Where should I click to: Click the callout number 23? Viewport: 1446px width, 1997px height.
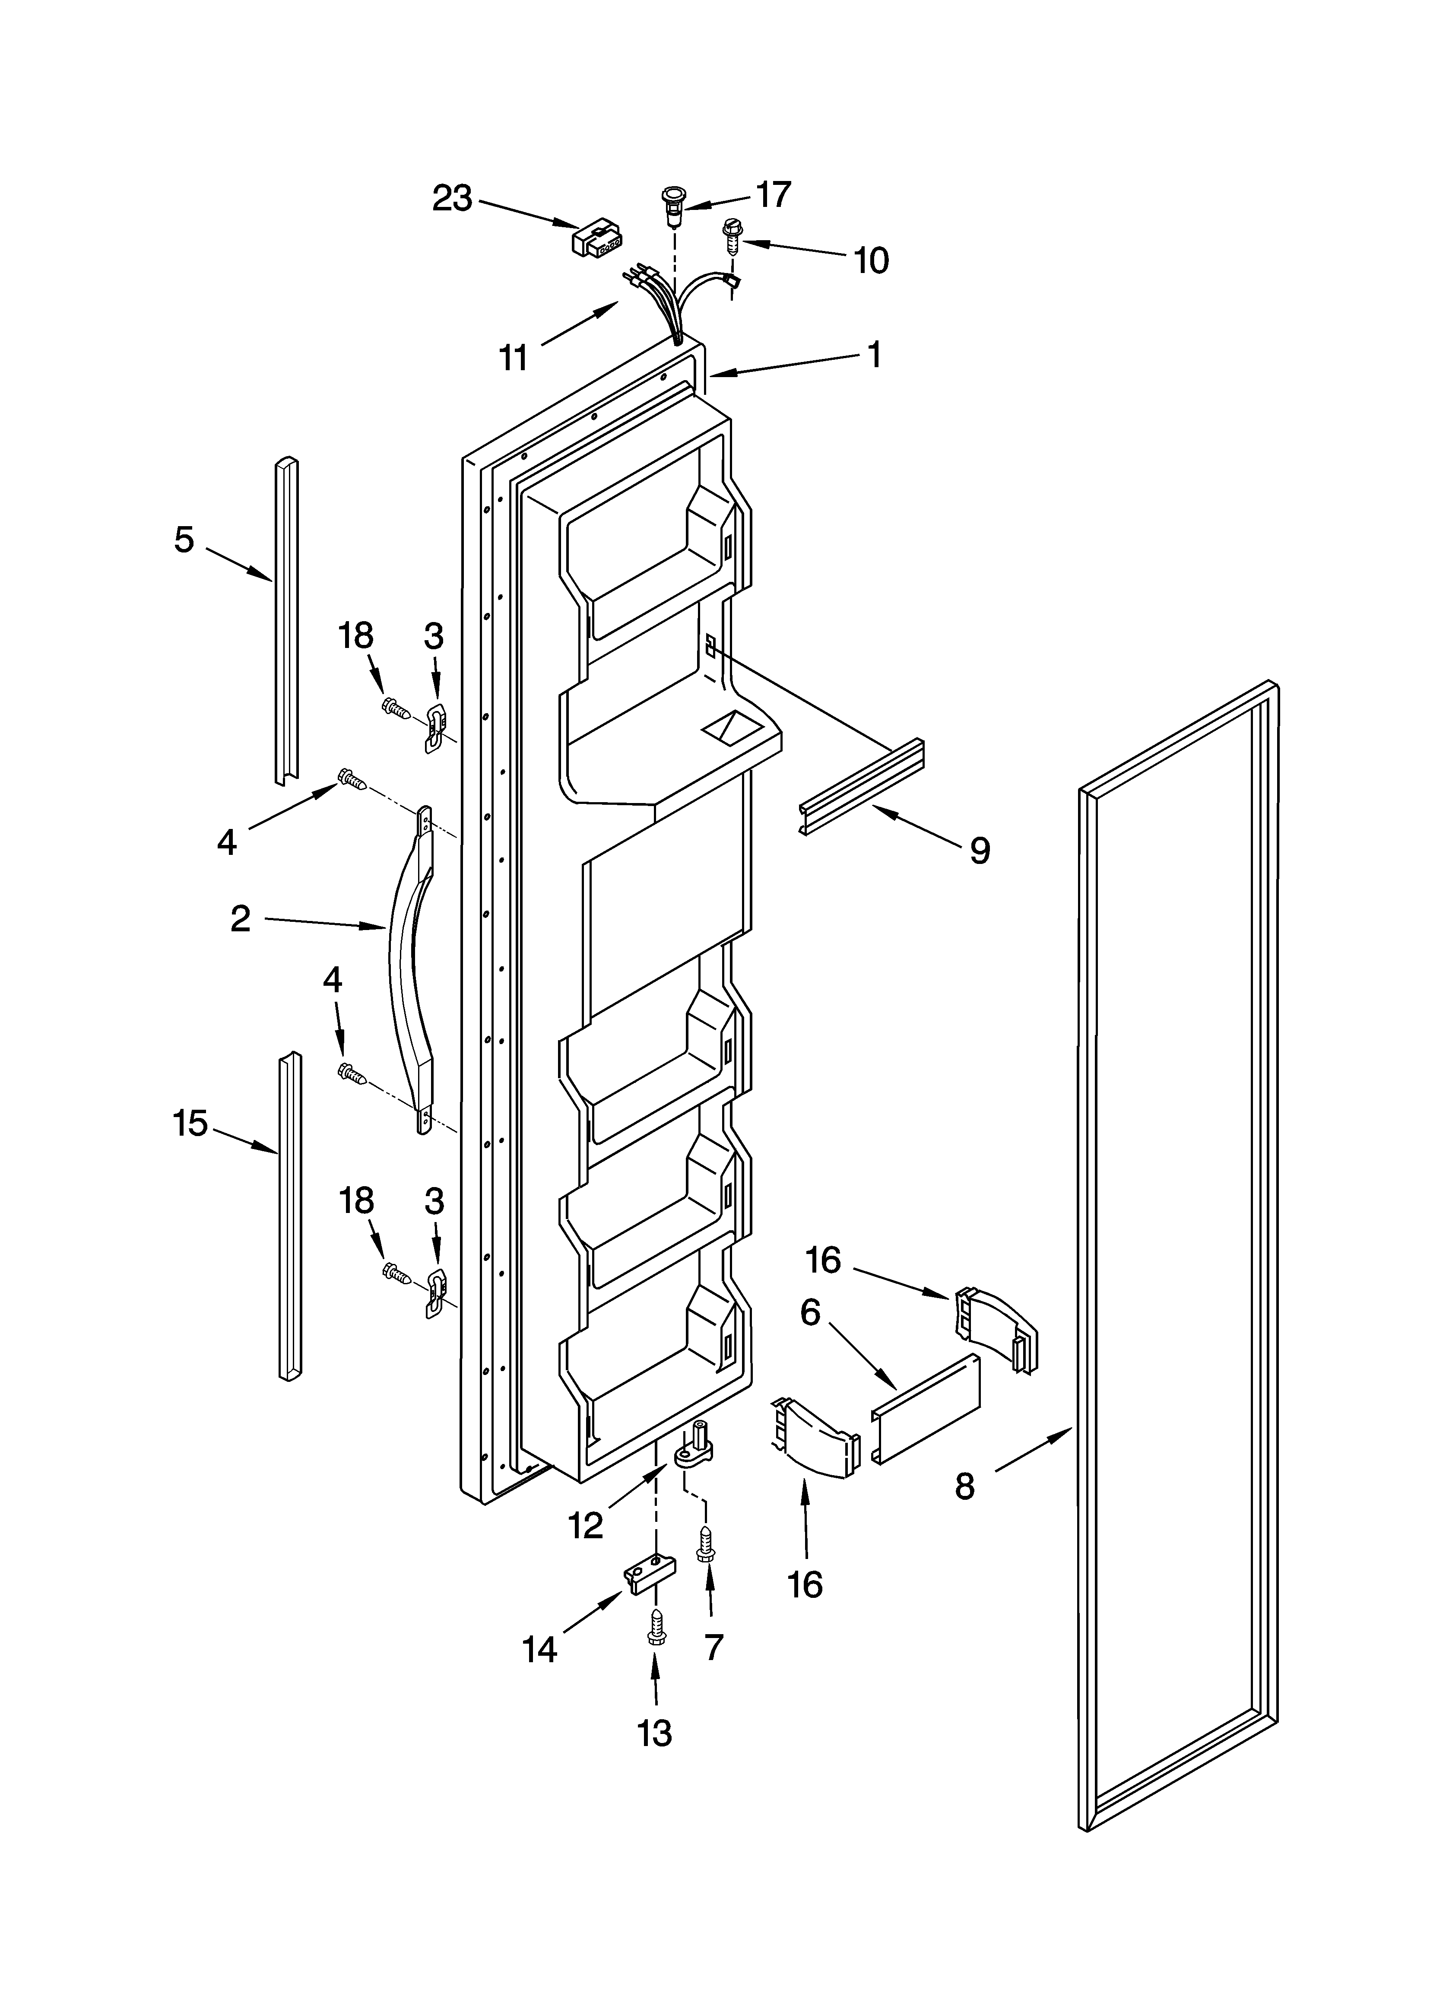click(452, 199)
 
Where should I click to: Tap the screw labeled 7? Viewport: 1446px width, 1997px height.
click(705, 1545)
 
